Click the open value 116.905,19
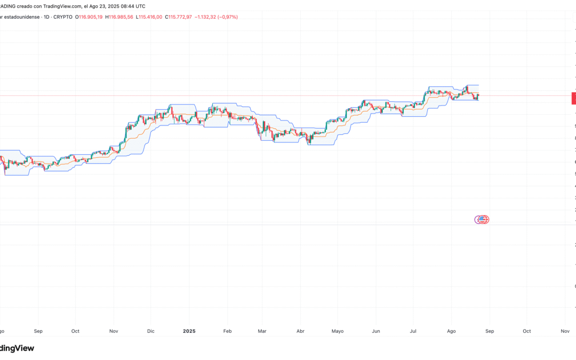click(x=91, y=17)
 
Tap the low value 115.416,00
click(x=151, y=17)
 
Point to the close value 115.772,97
click(x=181, y=17)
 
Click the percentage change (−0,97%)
click(x=227, y=17)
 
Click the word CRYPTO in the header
click(x=63, y=17)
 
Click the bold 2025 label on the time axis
click(x=189, y=331)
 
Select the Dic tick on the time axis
click(x=151, y=331)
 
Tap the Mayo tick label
click(x=338, y=331)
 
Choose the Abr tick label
click(x=300, y=331)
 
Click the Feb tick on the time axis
click(x=228, y=331)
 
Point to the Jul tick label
click(x=413, y=331)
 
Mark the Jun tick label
click(x=376, y=331)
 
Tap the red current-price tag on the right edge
click(x=573, y=98)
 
